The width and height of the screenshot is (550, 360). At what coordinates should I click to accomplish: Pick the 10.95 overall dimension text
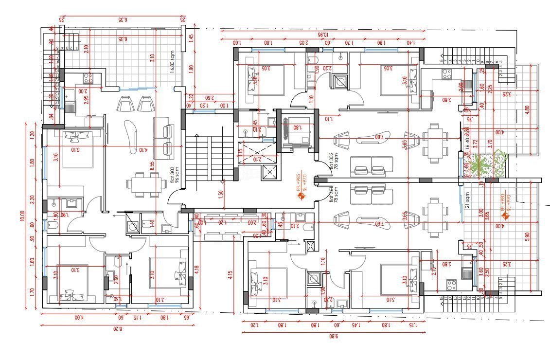(323, 35)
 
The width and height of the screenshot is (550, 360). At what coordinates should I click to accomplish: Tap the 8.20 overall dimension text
(118, 329)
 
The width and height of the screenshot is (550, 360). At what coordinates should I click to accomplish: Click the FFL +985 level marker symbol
(300, 197)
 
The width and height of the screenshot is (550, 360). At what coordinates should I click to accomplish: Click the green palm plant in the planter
(488, 165)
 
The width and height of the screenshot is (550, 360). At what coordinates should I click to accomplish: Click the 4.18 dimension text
(196, 269)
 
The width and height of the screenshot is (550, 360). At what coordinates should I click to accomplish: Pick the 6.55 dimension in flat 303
(152, 165)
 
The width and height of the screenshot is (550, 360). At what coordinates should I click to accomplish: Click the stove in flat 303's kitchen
(88, 76)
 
